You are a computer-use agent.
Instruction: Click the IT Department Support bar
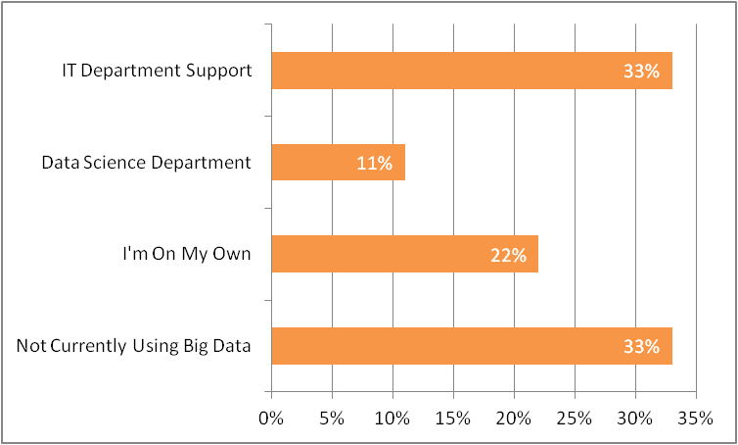pos(471,71)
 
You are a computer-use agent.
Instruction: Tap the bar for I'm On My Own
pos(404,254)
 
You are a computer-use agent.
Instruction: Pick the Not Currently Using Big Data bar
pos(471,346)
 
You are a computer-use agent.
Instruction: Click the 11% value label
pos(374,164)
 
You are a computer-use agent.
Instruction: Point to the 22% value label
pos(508,255)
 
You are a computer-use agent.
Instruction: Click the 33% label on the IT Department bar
pos(642,72)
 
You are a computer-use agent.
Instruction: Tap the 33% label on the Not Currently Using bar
pos(642,347)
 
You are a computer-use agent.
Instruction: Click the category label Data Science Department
pos(146,163)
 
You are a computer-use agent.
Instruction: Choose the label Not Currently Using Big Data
pos(134,346)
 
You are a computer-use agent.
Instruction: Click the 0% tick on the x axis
pos(270,419)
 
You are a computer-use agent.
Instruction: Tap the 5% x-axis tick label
pos(331,419)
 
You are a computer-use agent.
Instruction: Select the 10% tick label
pos(392,419)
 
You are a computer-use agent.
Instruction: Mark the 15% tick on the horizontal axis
pos(452,419)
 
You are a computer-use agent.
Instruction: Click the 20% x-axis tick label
pos(513,419)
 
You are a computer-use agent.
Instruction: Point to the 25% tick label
pos(574,419)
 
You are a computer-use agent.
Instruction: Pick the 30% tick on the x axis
pos(634,419)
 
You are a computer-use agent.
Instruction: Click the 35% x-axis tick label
pos(695,419)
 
